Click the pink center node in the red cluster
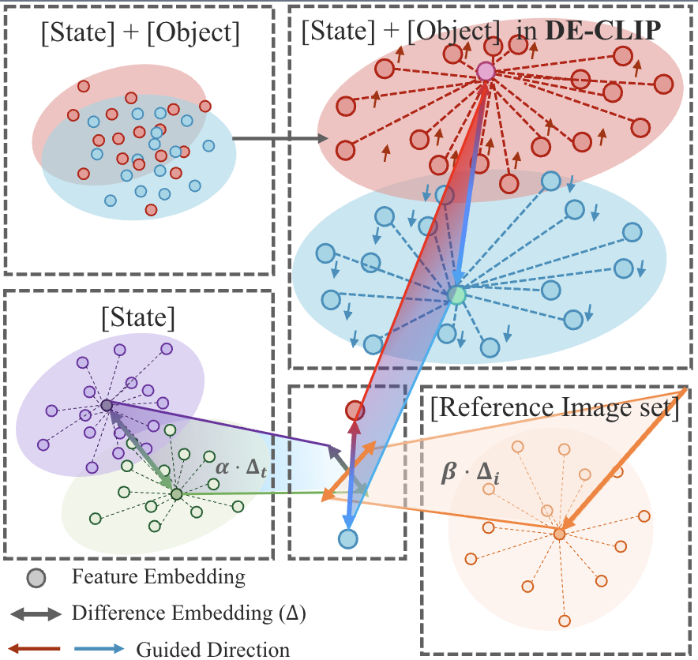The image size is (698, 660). tap(486, 72)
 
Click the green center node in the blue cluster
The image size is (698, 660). tap(457, 295)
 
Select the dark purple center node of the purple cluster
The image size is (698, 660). tap(107, 405)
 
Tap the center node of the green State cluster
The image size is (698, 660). tap(176, 494)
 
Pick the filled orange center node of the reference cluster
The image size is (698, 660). tap(559, 534)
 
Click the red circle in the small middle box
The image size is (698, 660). tap(355, 411)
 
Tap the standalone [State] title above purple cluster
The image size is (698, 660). tap(138, 320)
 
